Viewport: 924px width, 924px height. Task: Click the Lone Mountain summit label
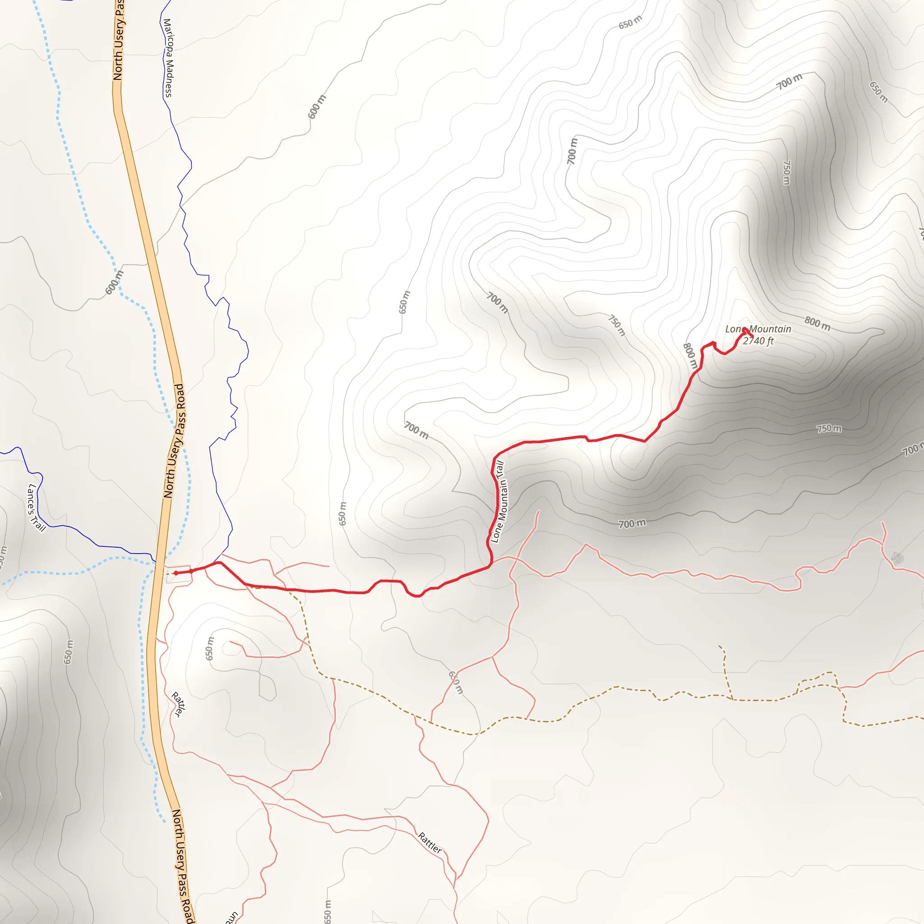758,329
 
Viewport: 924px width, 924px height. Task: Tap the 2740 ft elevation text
758,341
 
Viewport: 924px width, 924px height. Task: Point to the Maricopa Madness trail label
168,58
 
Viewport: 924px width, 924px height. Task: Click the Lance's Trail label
36,508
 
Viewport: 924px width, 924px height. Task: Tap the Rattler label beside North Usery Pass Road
177,704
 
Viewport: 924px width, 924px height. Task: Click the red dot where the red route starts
176,573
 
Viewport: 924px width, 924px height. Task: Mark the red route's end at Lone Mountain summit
744,329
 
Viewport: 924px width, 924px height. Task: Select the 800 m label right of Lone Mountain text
818,324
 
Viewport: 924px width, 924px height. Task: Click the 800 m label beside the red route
690,356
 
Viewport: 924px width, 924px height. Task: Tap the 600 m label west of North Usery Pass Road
114,282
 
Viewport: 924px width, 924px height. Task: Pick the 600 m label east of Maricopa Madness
317,106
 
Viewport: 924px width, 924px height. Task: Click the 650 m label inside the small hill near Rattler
209,648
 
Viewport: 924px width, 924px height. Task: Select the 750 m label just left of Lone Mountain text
616,325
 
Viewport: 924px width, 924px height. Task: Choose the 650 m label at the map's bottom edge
327,911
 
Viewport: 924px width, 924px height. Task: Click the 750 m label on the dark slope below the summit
829,429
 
